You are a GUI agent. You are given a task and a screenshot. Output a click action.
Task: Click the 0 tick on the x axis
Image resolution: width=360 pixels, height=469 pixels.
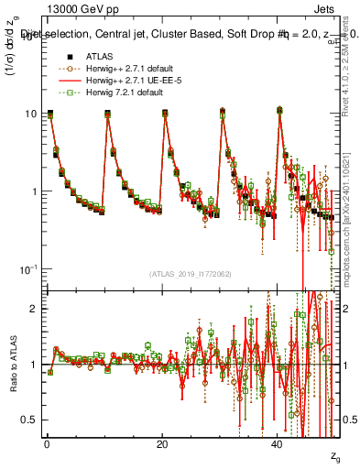pos(47,444)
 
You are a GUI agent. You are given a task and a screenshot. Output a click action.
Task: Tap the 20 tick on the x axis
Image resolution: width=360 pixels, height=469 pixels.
pos(162,444)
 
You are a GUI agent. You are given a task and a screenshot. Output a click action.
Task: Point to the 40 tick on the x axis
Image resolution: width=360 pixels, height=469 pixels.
pos(278,444)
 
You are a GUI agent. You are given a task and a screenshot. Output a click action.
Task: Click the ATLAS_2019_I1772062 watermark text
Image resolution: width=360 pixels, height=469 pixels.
pos(191,273)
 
